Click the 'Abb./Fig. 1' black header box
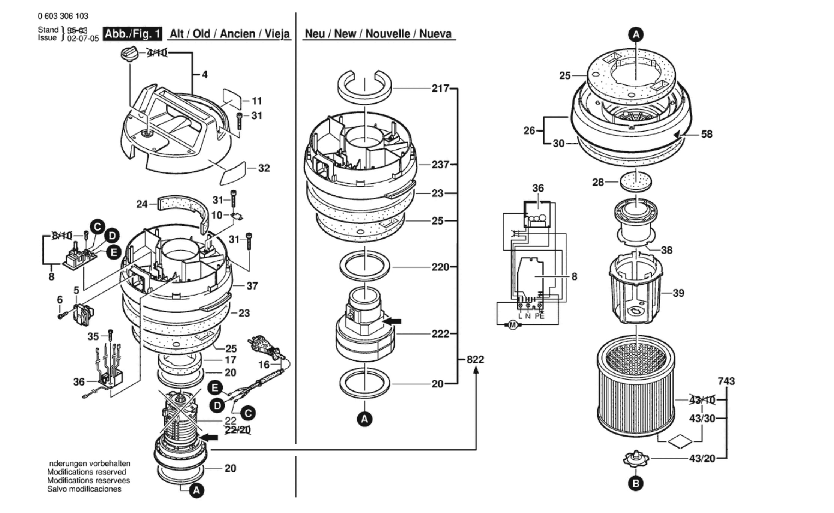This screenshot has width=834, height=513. pos(132,34)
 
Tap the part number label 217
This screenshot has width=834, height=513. pos(440,88)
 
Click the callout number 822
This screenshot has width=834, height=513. pos(475,359)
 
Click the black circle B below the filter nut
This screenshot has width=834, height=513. pos(636,484)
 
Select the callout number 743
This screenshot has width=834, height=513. pos(726,381)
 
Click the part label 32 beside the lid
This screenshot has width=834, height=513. pos(264,168)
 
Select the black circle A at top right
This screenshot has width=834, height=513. pos(636,35)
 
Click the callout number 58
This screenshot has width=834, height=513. pos(706,134)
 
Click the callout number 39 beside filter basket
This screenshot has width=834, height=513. pos(678,293)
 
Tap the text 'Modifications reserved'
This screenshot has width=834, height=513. pos(87,472)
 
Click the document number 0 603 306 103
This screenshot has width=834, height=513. pos(63,16)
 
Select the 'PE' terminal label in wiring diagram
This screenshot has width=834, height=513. pos(539,316)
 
